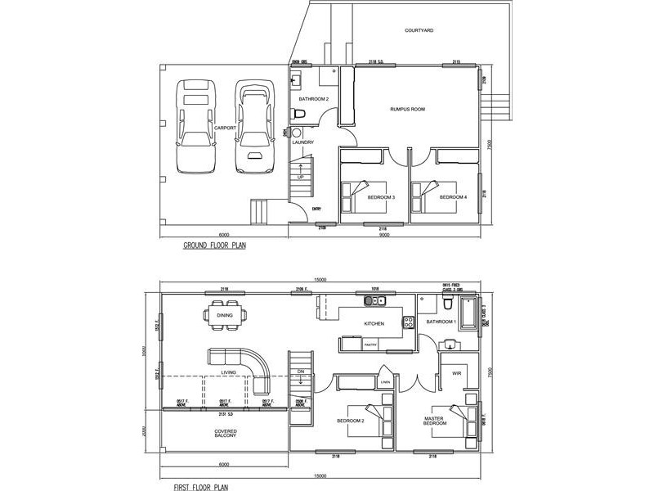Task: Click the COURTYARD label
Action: click(419, 30)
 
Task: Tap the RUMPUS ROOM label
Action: click(406, 109)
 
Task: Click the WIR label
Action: click(457, 373)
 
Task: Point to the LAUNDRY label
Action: click(302, 142)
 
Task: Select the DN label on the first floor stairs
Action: click(300, 371)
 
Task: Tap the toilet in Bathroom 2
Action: click(300, 113)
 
